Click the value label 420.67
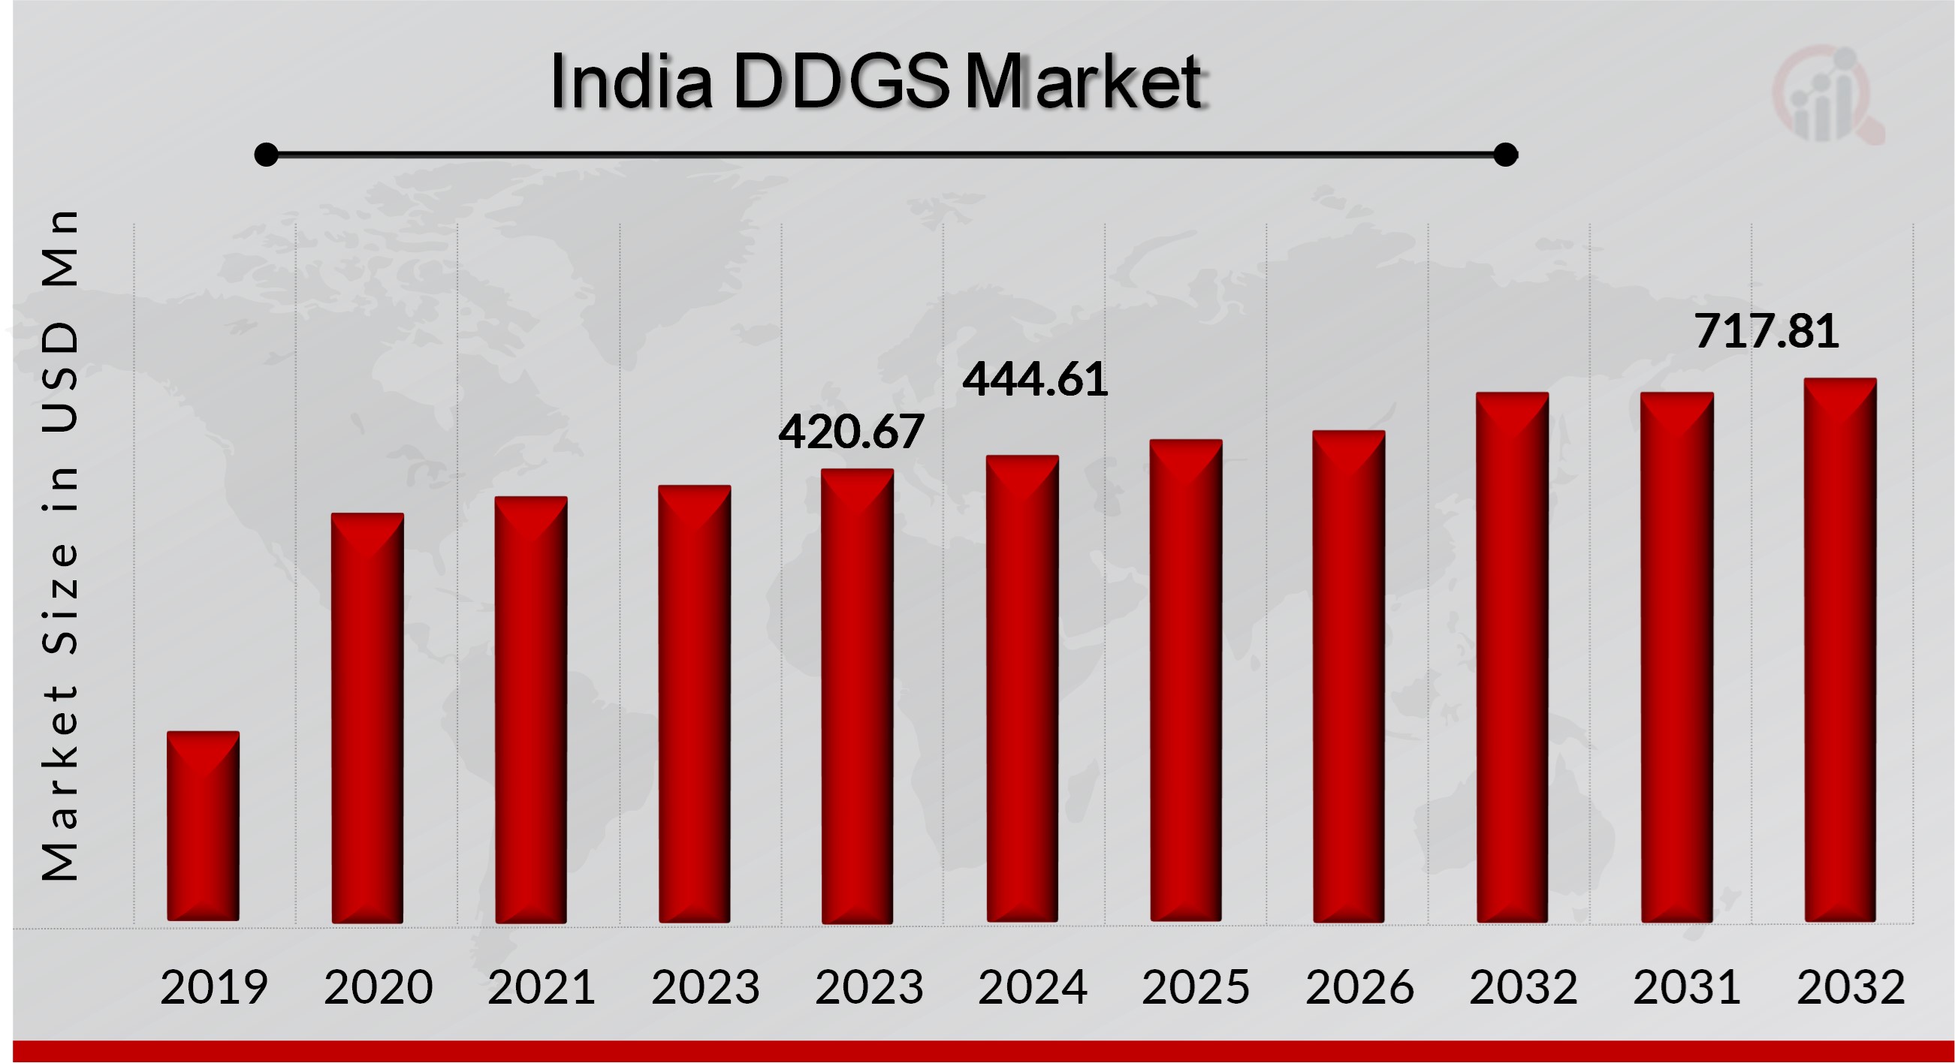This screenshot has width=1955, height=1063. pyautogui.click(x=851, y=432)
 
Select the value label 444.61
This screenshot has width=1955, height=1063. pyautogui.click(x=1035, y=379)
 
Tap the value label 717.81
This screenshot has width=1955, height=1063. pyautogui.click(x=1766, y=332)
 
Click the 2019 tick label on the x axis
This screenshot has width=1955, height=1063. pyautogui.click(x=214, y=987)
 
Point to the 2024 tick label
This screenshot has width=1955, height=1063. pyautogui.click(x=1032, y=987)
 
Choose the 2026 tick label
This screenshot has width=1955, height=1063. pyautogui.click(x=1359, y=987)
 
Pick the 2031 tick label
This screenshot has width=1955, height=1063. pyautogui.click(x=1686, y=987)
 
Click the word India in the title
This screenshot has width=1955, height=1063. pyautogui.click(x=632, y=81)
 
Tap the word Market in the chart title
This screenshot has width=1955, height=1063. pyautogui.click(x=1085, y=81)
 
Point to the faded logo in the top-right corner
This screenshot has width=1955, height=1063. pyautogui.click(x=1828, y=95)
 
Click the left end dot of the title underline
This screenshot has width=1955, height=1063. pyautogui.click(x=267, y=155)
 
